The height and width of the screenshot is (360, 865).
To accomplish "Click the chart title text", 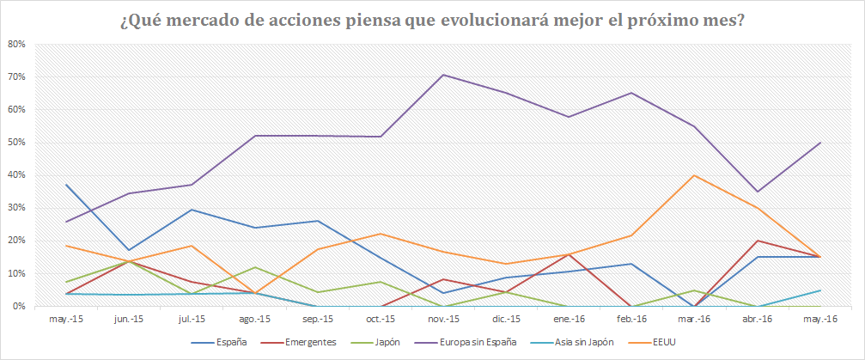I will pyautogui.click(x=432, y=20).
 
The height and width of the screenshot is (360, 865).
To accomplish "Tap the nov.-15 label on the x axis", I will pyautogui.click(x=443, y=319).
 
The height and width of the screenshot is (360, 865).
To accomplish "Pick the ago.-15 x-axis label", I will pyautogui.click(x=254, y=319).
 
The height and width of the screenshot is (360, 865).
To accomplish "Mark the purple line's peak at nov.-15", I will pyautogui.click(x=443, y=75).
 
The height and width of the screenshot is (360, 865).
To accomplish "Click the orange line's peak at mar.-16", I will pyautogui.click(x=693, y=175).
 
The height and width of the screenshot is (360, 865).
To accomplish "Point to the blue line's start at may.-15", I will pyautogui.click(x=66, y=185).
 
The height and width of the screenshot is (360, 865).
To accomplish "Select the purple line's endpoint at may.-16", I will pyautogui.click(x=819, y=143).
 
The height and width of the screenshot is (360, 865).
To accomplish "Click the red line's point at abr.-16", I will pyautogui.click(x=757, y=241).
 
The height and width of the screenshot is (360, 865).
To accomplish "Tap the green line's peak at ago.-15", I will pyautogui.click(x=254, y=267).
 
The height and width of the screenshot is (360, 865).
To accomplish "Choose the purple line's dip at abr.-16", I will pyautogui.click(x=757, y=192).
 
